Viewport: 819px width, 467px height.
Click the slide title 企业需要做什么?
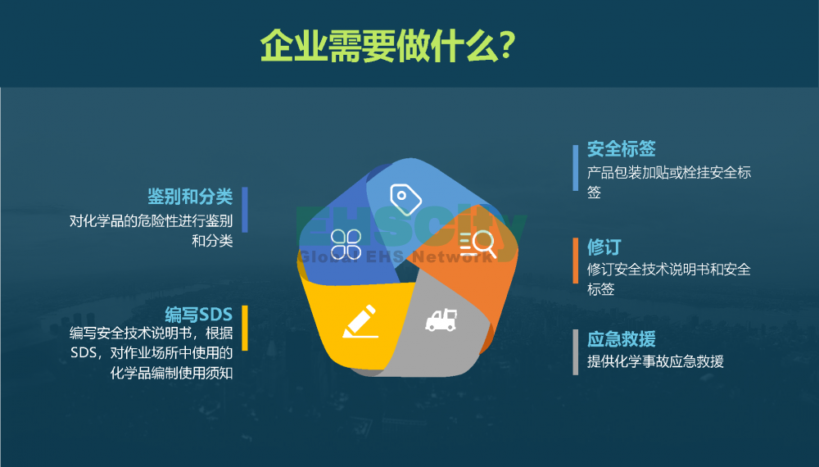coord(388,46)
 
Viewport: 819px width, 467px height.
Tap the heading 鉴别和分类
coord(190,197)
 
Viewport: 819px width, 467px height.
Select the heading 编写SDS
coord(198,315)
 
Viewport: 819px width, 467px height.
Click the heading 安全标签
coord(621,149)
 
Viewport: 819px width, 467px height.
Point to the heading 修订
coord(604,247)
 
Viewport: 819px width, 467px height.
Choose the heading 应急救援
coord(621,339)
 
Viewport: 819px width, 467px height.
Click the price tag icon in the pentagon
coord(406,199)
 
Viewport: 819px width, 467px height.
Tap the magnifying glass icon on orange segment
coord(477,243)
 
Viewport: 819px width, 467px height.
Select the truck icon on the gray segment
coord(441,320)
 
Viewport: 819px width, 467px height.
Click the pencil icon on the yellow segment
coord(360,321)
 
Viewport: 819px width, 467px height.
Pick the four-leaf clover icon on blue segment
coord(346,244)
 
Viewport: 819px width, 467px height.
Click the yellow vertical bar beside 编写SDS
coord(245,328)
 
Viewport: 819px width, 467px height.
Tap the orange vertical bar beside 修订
coord(576,261)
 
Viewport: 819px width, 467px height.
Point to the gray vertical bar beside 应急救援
coord(576,352)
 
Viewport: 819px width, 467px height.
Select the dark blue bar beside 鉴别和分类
coord(245,210)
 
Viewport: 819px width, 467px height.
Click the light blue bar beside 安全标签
coord(576,168)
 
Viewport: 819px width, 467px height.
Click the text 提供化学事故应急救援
coord(655,361)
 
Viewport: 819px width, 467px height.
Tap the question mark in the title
coord(507,46)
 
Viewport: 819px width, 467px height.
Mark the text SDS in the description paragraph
coord(84,353)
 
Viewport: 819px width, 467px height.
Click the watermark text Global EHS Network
coord(396,256)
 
